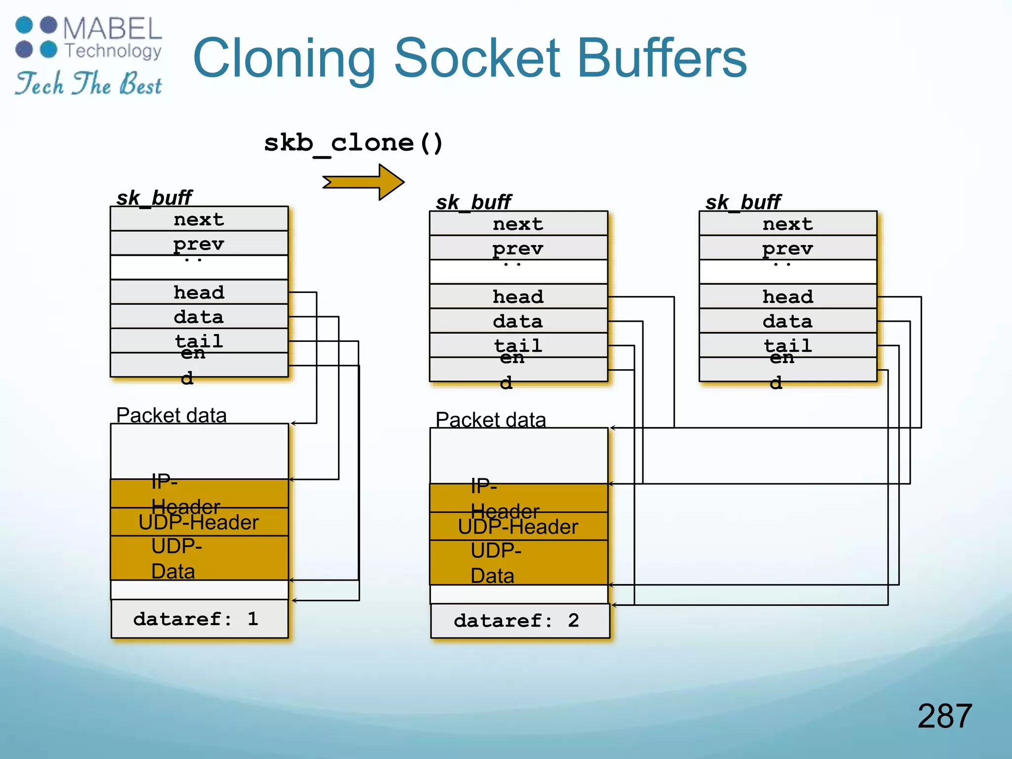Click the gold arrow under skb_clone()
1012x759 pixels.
tap(365, 182)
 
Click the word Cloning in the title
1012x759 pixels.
tap(284, 59)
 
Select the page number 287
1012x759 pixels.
tap(944, 716)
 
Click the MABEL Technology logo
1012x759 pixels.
tap(89, 38)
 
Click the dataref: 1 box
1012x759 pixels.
tap(199, 619)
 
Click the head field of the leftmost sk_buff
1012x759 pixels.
tap(199, 292)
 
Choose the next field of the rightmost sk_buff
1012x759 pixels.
tap(788, 224)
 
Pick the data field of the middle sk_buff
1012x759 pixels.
tap(518, 321)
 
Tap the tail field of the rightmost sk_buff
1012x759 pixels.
tap(788, 345)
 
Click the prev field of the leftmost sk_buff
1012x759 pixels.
tap(199, 243)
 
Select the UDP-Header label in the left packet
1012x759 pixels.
tap(199, 522)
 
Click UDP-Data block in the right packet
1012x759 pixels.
tap(518, 563)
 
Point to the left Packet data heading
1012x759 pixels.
tap(171, 415)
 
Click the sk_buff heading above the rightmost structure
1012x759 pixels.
tap(743, 202)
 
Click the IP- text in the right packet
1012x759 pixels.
tap(484, 486)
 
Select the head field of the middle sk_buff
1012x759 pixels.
tap(518, 296)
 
